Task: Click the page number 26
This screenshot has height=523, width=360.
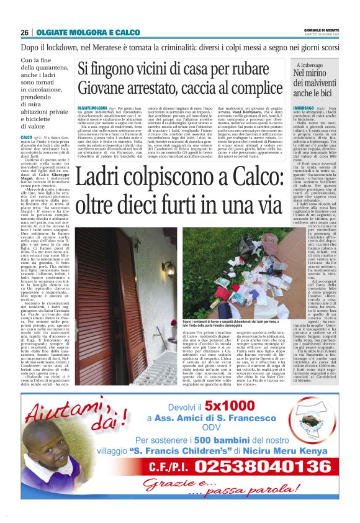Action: point(25,32)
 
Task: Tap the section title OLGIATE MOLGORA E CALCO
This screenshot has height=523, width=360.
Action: point(88,32)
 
